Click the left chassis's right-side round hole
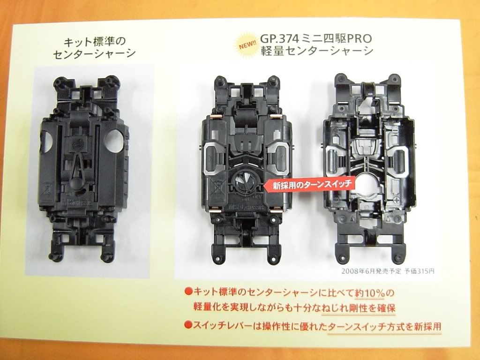[x=114, y=141]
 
